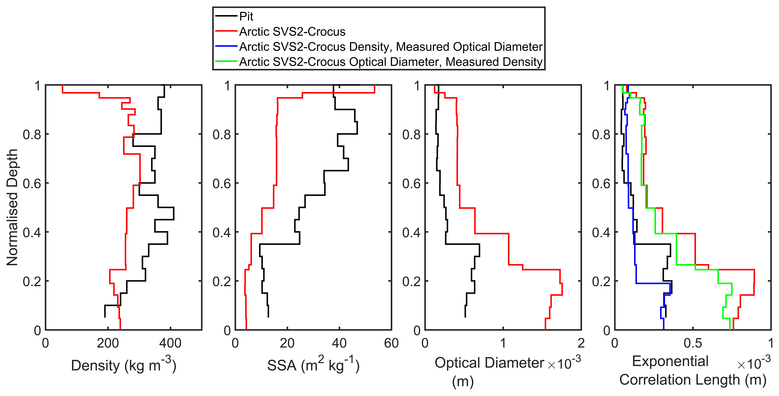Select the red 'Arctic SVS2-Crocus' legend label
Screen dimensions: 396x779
coord(292,31)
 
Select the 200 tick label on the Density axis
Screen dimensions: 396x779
coord(108,343)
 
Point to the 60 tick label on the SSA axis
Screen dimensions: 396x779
coord(391,343)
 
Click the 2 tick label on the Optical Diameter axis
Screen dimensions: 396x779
coord(581,343)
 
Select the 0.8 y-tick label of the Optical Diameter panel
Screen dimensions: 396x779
coord(411,134)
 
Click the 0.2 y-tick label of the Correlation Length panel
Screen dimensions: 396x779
coord(601,281)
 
